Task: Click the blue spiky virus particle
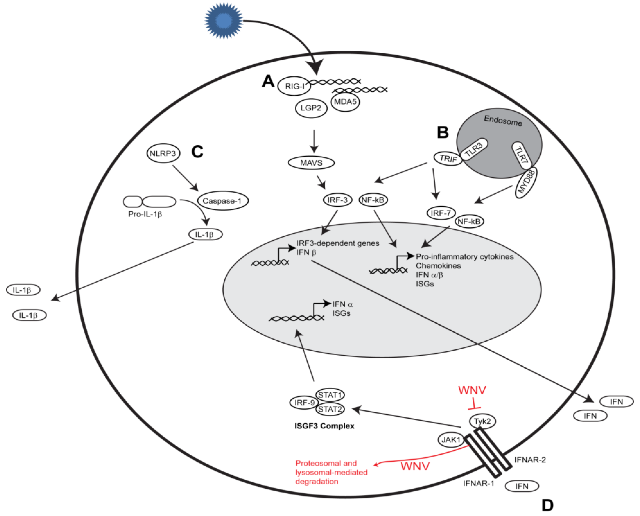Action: pos(224,21)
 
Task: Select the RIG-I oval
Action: pos(294,86)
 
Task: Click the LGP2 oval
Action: pos(311,108)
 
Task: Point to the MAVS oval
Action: pos(311,163)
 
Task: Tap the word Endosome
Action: pos(503,121)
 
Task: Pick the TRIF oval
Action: pos(448,159)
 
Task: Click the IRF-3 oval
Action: pos(337,200)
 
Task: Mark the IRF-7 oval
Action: pos(441,213)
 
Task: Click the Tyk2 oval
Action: pos(482,421)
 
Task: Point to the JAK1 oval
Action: pos(451,440)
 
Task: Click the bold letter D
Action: pos(548,505)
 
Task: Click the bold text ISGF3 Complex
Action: pos(324,426)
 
